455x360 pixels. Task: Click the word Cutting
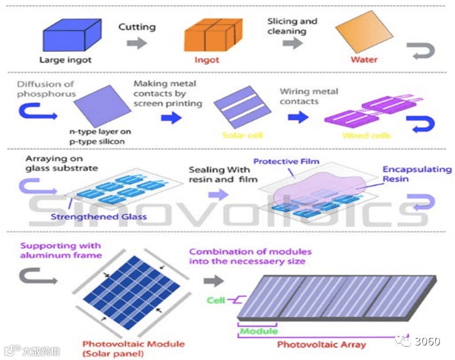click(136, 27)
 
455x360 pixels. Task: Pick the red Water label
click(364, 59)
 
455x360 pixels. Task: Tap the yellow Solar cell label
click(242, 135)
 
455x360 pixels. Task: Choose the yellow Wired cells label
click(366, 136)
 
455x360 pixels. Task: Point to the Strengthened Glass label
click(98, 217)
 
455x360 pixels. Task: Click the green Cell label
click(216, 301)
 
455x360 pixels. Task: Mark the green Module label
click(259, 331)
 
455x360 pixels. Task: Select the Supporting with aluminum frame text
click(60, 251)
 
